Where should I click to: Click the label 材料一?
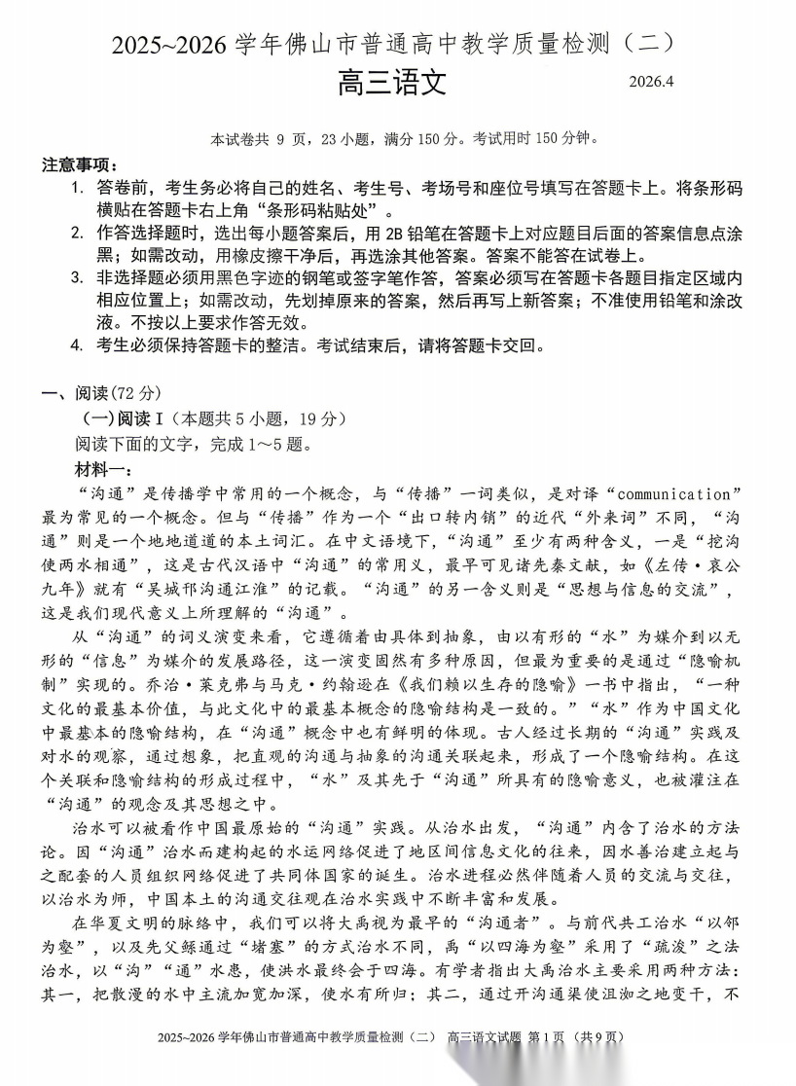pos(101,469)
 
